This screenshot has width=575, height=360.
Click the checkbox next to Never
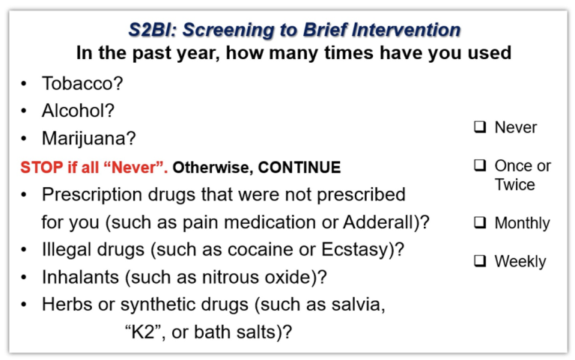pyautogui.click(x=480, y=126)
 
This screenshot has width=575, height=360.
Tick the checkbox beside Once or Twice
pyautogui.click(x=480, y=165)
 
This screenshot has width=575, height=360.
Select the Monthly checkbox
pyautogui.click(x=480, y=222)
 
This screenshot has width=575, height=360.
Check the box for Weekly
pyautogui.click(x=480, y=261)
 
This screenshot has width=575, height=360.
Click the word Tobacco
pyautogui.click(x=79, y=83)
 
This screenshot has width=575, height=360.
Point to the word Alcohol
pyautogui.click(x=74, y=110)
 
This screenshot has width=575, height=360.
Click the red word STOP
pyautogui.click(x=41, y=168)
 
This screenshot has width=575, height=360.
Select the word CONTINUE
pyautogui.click(x=299, y=168)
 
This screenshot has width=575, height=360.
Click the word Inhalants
pyautogui.click(x=80, y=277)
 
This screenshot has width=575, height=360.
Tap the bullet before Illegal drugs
pyautogui.click(x=24, y=250)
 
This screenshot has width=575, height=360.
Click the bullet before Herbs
pyautogui.click(x=24, y=305)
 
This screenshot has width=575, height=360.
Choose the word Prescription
pyautogui.click(x=91, y=195)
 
